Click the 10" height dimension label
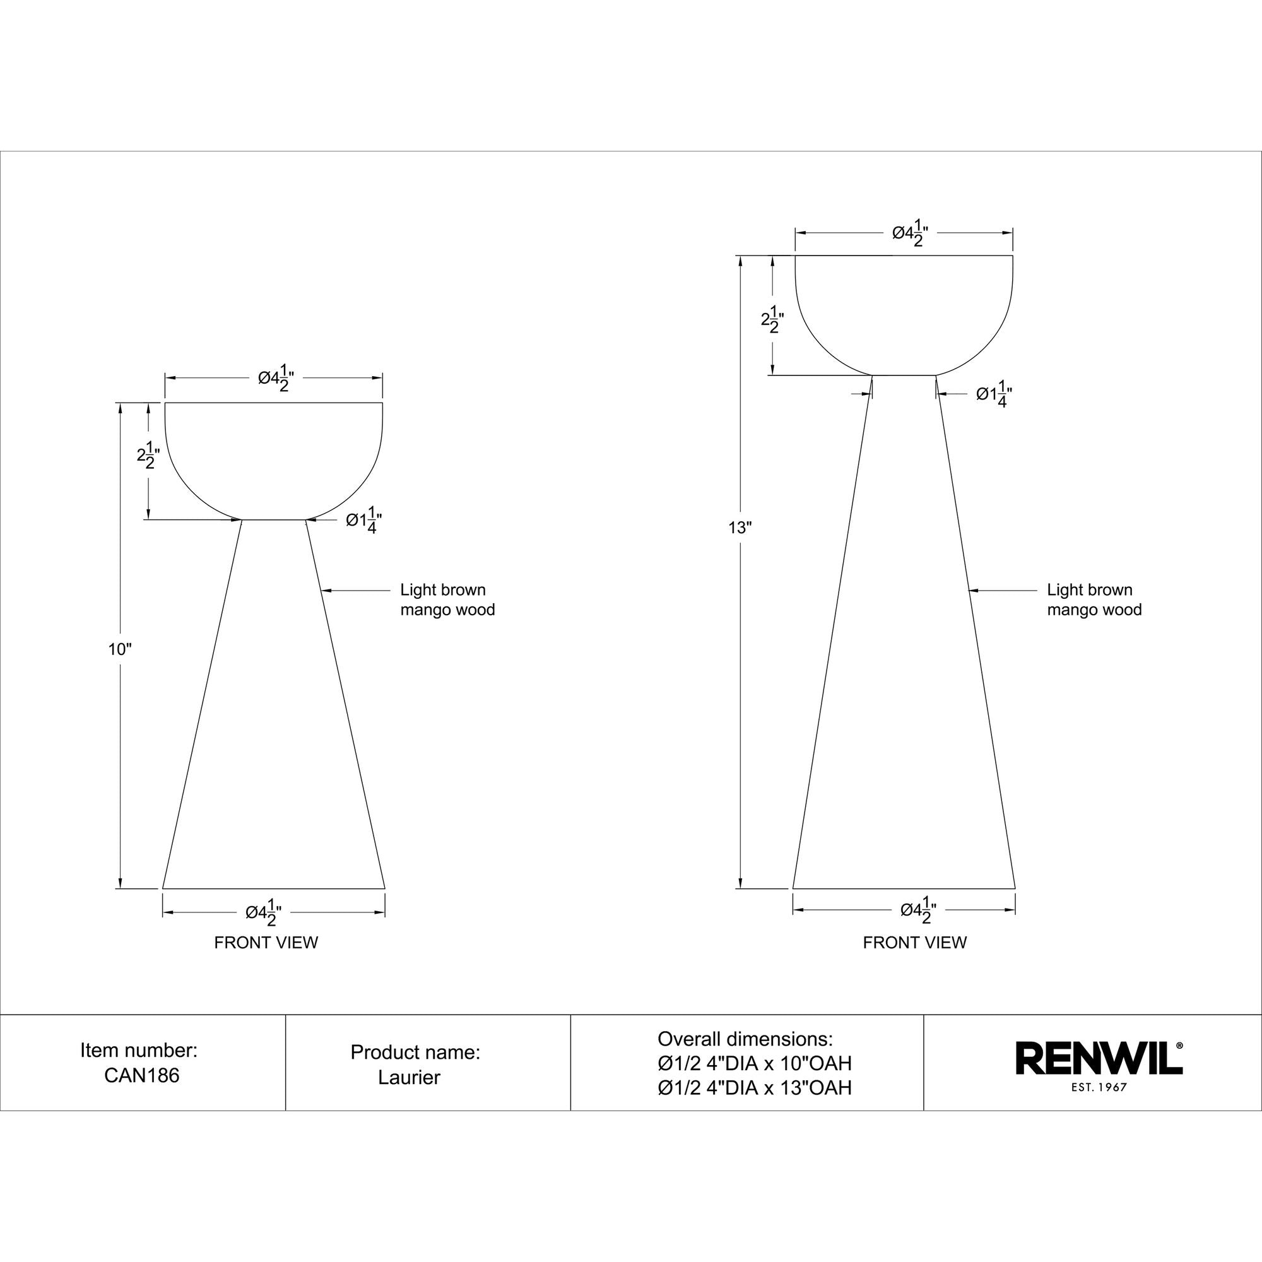pyautogui.click(x=120, y=649)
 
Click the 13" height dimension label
pyautogui.click(x=740, y=528)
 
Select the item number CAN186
pyautogui.click(x=142, y=1075)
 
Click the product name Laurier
pyautogui.click(x=409, y=1077)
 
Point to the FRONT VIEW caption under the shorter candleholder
pyautogui.click(x=266, y=943)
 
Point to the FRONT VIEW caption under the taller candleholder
pyautogui.click(x=914, y=943)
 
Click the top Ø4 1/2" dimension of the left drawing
pyautogui.click(x=276, y=378)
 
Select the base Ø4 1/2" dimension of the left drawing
pyautogui.click(x=264, y=912)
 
